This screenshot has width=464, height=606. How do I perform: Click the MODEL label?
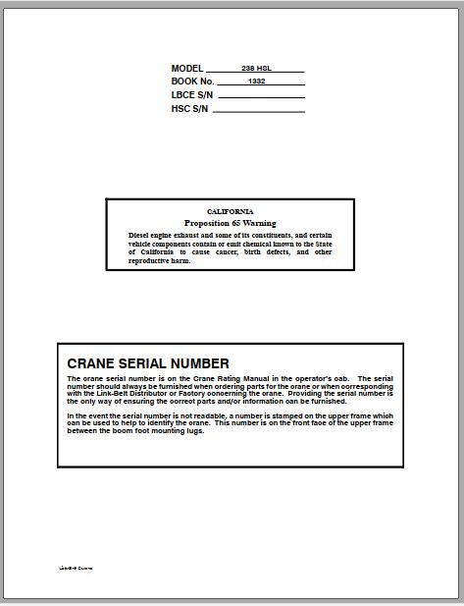tap(186, 69)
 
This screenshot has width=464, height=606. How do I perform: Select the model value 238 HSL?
tap(257, 69)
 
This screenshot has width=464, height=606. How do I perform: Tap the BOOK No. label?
tap(192, 83)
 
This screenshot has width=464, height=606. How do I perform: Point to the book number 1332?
tap(257, 83)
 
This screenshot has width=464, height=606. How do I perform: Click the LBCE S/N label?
tap(192, 95)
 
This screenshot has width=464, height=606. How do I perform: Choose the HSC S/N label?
tap(190, 109)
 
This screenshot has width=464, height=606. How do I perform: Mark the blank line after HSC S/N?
tap(258, 111)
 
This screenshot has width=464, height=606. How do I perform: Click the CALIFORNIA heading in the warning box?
tap(231, 212)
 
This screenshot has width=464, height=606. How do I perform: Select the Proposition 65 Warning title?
tap(231, 223)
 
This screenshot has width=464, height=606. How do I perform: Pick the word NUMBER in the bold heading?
tap(199, 363)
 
